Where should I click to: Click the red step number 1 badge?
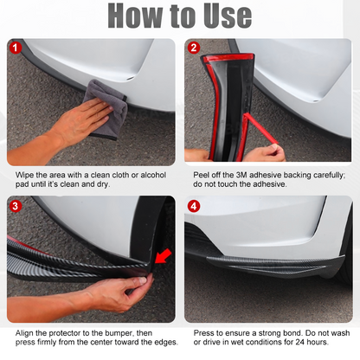pos(16,48)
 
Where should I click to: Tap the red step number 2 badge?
pos(194,48)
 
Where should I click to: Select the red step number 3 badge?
pos(16,206)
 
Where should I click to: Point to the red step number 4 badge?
pos(194,206)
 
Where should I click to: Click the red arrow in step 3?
pos(164,257)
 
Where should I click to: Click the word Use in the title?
pos(228,16)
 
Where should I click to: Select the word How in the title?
pos(135,16)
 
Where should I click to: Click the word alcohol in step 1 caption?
pos(153,175)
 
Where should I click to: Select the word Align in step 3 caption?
pos(24,333)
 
